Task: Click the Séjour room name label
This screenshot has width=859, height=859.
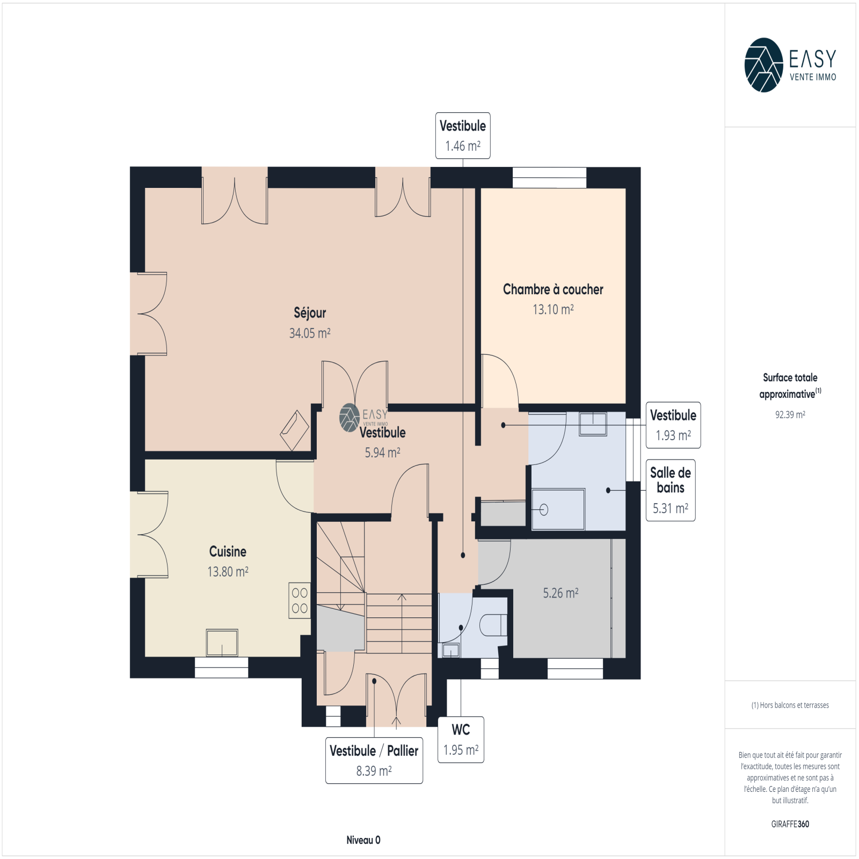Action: point(310,313)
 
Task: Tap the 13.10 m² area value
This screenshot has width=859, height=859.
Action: point(553,310)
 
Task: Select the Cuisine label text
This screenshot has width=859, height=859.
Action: point(228,551)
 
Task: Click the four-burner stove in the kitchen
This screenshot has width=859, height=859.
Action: point(300,600)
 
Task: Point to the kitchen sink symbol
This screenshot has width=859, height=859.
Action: point(222,643)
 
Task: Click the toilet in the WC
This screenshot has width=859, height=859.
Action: point(493,625)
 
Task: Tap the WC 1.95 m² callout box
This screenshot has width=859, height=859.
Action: point(461,740)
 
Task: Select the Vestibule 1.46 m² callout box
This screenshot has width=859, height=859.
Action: point(463,136)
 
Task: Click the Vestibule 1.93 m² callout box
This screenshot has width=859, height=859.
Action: point(673,425)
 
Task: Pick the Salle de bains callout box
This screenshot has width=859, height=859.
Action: point(671,490)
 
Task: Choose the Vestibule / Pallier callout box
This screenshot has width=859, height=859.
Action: point(374,761)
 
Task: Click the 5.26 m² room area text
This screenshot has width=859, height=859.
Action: point(560,593)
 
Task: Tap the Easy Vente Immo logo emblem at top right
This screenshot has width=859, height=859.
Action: point(763,65)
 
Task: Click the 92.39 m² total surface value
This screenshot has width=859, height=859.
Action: point(790,414)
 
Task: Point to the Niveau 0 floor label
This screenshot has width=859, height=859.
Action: point(363,840)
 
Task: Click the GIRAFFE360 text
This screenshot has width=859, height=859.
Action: point(790,824)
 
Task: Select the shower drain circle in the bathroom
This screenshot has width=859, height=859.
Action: point(544,509)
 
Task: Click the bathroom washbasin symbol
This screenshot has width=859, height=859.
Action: point(593,424)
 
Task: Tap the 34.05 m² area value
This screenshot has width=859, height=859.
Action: point(310,333)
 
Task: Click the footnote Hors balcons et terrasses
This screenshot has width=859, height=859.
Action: point(790,705)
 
